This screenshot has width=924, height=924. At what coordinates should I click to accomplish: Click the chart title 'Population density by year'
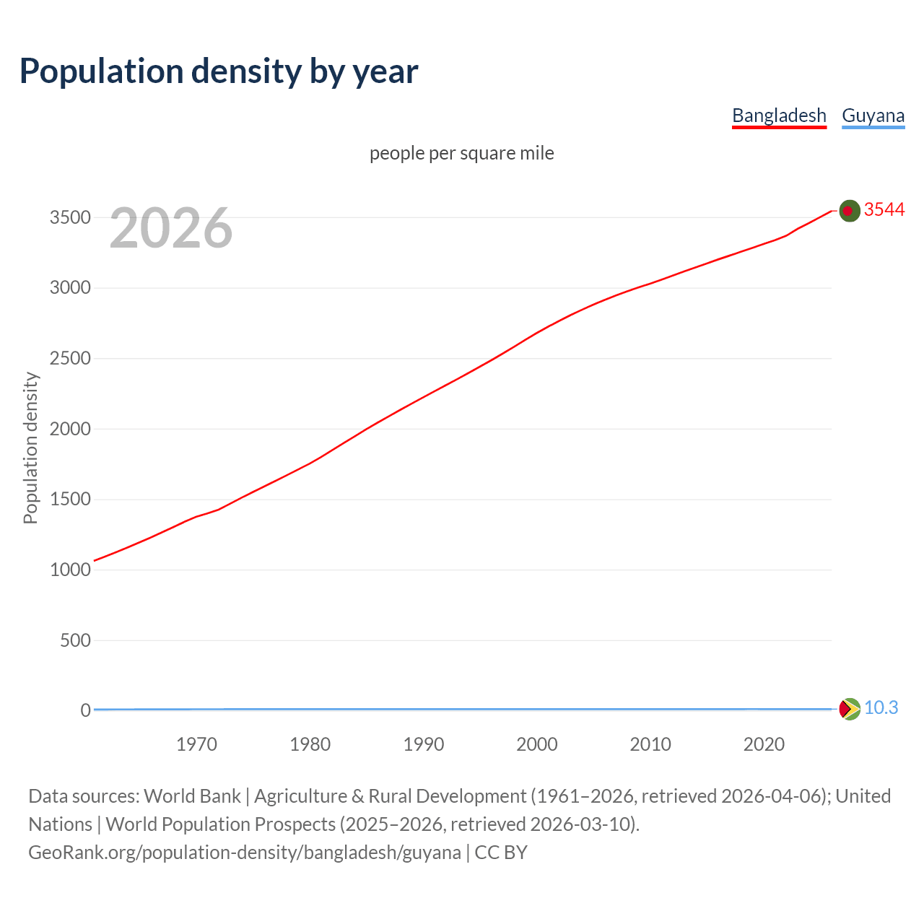(219, 71)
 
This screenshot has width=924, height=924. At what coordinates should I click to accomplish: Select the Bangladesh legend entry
(779, 115)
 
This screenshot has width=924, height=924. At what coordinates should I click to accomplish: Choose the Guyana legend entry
(873, 115)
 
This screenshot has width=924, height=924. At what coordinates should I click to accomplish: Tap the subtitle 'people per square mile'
(462, 153)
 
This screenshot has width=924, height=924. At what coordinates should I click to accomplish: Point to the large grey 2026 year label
(171, 228)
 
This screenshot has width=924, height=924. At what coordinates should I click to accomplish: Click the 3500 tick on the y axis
(70, 217)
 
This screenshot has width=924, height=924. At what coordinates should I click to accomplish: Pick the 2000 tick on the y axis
(70, 429)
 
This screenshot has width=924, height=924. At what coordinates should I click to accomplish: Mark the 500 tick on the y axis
(75, 640)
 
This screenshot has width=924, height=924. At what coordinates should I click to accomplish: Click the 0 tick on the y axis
(85, 710)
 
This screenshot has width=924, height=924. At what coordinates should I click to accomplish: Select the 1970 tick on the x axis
(196, 744)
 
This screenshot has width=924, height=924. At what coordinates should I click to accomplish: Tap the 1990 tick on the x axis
(424, 744)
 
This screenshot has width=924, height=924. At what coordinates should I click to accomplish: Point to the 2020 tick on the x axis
(764, 744)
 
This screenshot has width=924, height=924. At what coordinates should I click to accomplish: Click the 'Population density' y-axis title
(30, 448)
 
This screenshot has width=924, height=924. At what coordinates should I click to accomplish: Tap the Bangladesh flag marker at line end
(850, 211)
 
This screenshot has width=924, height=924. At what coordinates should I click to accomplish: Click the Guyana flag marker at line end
(850, 709)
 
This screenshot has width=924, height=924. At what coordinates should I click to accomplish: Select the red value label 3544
(884, 209)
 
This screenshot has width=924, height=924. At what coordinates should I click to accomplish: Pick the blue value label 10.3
(881, 707)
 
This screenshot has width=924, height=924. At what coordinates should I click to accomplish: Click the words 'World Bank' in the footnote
(192, 796)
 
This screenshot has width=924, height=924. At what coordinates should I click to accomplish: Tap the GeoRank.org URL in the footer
(245, 853)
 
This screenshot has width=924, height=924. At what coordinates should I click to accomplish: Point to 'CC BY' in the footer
(501, 853)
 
